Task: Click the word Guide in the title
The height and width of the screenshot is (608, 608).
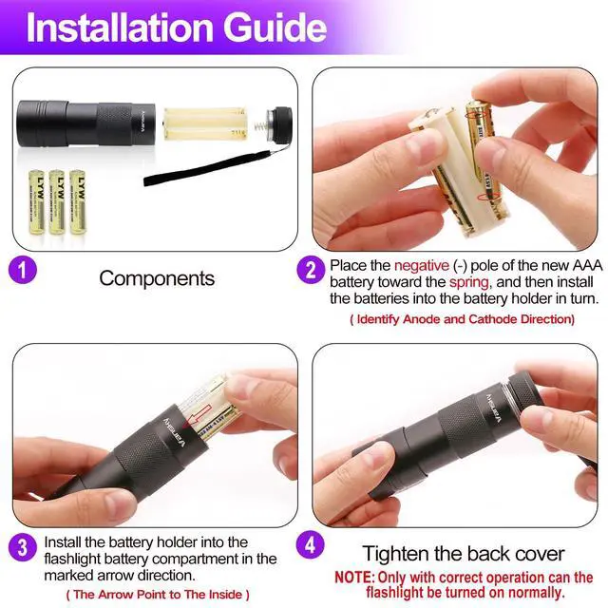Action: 275,28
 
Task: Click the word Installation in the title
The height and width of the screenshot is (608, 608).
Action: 120,28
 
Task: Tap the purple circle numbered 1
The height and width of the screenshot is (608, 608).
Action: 23,270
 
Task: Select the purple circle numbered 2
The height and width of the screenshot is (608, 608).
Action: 311,270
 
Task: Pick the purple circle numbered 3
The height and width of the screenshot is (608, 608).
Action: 23,547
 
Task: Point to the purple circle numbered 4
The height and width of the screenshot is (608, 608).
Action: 310,544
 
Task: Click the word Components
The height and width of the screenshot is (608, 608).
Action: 157,278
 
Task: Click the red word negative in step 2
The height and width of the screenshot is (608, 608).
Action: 422,266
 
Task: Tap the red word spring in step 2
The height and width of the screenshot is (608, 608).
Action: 468,283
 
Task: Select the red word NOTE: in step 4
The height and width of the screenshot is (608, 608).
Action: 354,578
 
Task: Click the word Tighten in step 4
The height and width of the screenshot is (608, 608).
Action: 396,554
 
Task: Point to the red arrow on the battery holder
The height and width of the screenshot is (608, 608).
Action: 199,415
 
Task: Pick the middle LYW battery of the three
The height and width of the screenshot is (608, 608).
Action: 57,202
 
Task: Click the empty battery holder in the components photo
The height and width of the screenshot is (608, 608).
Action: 205,123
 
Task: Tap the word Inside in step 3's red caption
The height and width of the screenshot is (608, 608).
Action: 225,595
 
